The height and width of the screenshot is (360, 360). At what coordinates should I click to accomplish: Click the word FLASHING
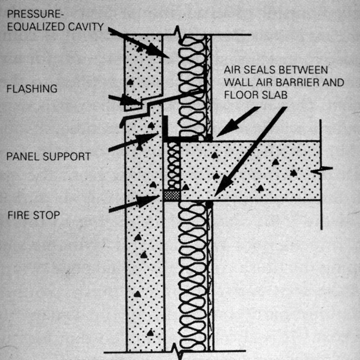click(x=31, y=88)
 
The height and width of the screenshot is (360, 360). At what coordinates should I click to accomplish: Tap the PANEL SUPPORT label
click(x=48, y=157)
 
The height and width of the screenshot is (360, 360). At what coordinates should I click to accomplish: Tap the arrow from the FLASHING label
click(x=124, y=99)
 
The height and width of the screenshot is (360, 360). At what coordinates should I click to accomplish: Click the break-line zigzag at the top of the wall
click(x=178, y=33)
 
